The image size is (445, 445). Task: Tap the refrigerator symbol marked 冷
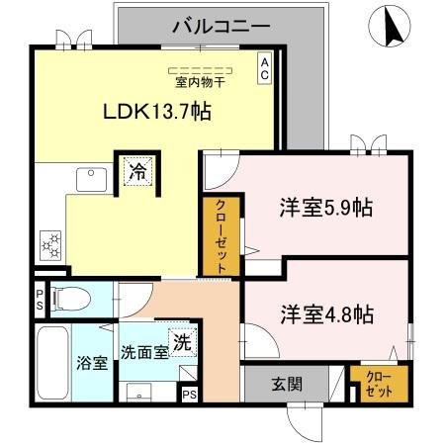[x=137, y=170]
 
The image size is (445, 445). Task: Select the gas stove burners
[x=49, y=242]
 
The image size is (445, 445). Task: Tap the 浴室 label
[x=92, y=363]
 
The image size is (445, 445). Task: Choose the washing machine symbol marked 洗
[x=182, y=343]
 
